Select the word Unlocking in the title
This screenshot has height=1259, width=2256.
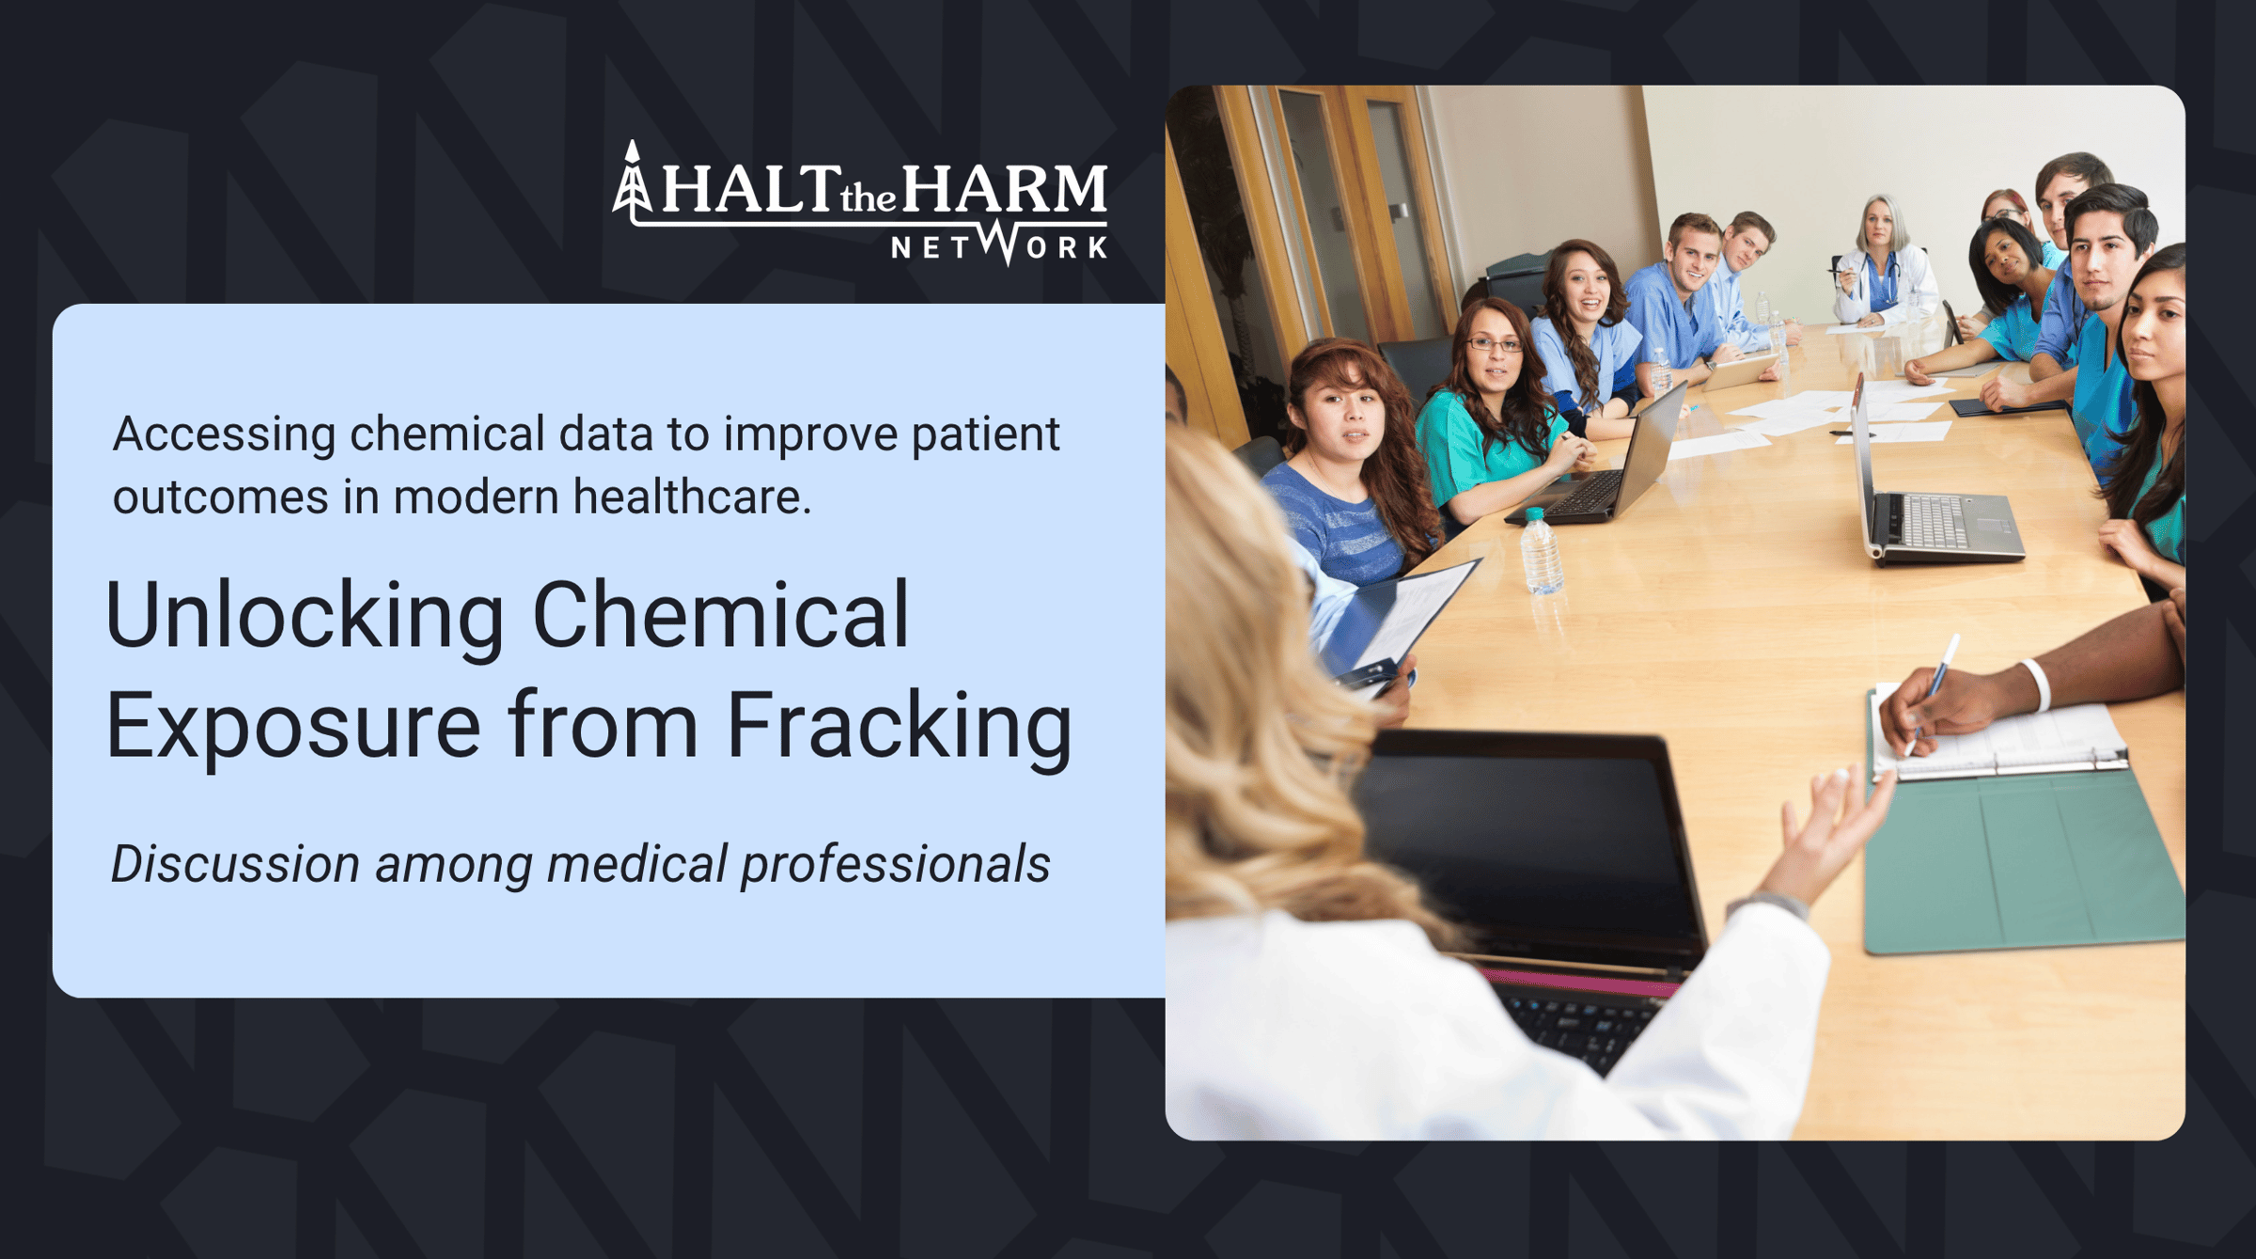(305, 616)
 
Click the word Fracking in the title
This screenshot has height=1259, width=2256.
(900, 726)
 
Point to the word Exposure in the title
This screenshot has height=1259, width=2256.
(293, 726)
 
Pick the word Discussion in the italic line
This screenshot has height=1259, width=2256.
(236, 864)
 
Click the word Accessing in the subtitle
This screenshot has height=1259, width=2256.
(225, 435)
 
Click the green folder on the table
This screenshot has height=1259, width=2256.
(2021, 856)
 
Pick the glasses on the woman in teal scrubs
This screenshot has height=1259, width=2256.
(1495, 344)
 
